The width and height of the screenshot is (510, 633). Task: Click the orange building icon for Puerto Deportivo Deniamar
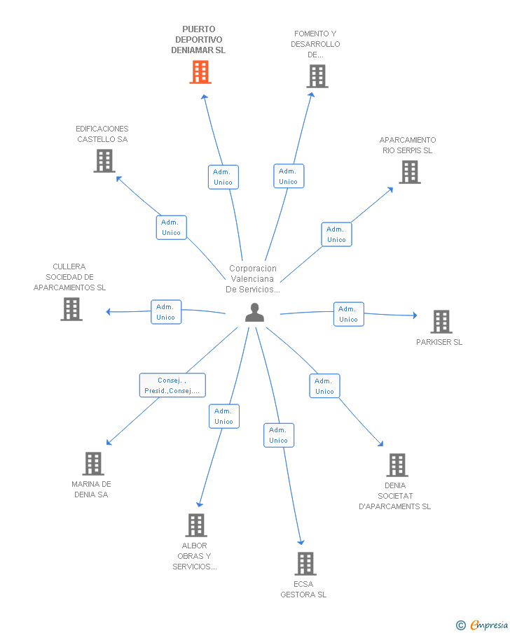point(200,72)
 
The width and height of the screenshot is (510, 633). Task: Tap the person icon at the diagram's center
point(255,313)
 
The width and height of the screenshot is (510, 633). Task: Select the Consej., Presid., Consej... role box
point(172,385)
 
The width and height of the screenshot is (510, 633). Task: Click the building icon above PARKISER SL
point(441,321)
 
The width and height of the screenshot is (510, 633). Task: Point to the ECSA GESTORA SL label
point(303,590)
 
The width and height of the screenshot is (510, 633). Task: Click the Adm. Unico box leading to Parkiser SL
point(349,314)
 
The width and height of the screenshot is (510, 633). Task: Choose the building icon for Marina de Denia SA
point(93,464)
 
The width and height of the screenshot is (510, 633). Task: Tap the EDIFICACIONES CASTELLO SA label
point(102,134)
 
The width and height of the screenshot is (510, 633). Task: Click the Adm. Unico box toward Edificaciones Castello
point(172,227)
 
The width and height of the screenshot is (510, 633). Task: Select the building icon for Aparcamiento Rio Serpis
point(410,172)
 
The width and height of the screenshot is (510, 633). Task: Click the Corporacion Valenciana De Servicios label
point(253,279)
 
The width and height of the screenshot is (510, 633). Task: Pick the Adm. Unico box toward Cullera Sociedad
point(166,312)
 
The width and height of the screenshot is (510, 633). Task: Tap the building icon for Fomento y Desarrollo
point(317,76)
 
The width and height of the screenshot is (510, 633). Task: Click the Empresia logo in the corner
point(483,625)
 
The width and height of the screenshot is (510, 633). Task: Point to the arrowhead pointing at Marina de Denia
point(109,443)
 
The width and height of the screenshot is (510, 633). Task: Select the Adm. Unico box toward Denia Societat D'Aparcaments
point(325,386)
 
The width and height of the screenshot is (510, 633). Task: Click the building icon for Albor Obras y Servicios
point(196,525)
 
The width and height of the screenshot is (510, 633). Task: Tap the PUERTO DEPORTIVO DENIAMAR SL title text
point(198,40)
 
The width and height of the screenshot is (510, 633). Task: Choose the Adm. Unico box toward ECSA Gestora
point(279,435)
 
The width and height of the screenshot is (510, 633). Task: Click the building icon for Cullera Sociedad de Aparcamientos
point(71,309)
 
